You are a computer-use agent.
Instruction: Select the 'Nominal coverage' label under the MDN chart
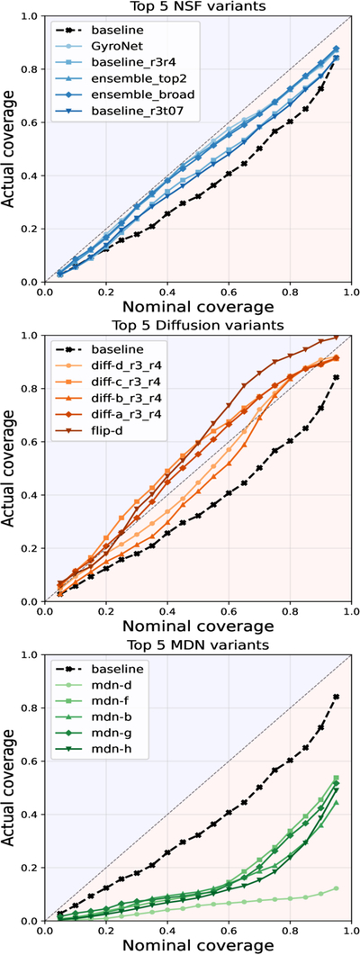coord(197,945)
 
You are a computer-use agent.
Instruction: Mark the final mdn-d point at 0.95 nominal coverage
coord(337,888)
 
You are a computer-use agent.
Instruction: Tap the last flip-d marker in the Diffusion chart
coord(337,338)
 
